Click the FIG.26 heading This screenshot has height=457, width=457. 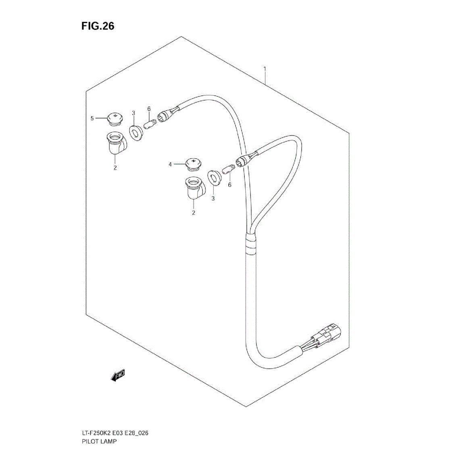[98, 26]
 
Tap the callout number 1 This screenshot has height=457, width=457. [265, 69]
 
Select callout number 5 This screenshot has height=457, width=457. [92, 118]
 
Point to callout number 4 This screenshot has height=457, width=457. [170, 165]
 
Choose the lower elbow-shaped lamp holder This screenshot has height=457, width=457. [194, 188]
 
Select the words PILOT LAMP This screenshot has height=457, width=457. [99, 441]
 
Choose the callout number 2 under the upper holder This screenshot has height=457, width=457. [115, 168]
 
